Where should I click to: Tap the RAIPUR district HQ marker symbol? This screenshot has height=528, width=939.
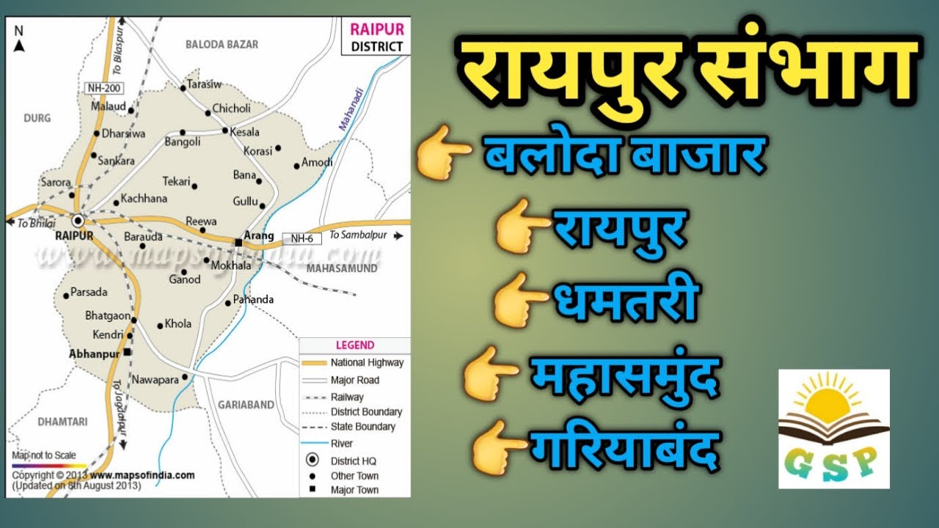pyautogui.click(x=78, y=220)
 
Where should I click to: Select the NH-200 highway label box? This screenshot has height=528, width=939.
pyautogui.click(x=103, y=88)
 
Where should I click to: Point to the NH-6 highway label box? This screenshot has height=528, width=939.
pyautogui.click(x=302, y=238)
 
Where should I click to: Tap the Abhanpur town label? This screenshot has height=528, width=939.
pyautogui.click(x=93, y=353)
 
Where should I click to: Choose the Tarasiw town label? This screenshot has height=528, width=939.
pyautogui.click(x=204, y=84)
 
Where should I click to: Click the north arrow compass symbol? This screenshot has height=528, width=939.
pyautogui.click(x=20, y=41)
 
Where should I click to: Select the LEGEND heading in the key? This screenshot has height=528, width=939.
pyautogui.click(x=354, y=345)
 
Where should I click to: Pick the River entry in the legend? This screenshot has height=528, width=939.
pyautogui.click(x=341, y=443)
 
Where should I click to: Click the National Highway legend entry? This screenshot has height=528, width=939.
pyautogui.click(x=366, y=362)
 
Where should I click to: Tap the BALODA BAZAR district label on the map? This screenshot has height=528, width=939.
pyautogui.click(x=222, y=45)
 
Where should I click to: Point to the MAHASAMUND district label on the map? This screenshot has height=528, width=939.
pyautogui.click(x=342, y=268)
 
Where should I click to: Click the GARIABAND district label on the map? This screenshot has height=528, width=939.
pyautogui.click(x=246, y=403)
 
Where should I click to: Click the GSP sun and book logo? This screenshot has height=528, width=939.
pyautogui.click(x=834, y=429)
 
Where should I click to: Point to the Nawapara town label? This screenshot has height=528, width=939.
pyautogui.click(x=155, y=380)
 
